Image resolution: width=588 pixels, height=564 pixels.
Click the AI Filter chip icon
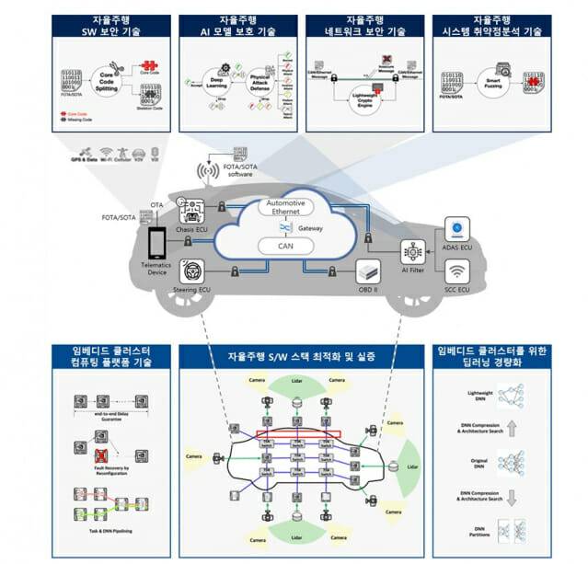pyautogui.click(x=411, y=249)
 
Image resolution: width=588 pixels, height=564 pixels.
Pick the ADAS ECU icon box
pyautogui.click(x=457, y=230)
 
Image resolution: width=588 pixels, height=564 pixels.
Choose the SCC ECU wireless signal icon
pyautogui.click(x=457, y=272)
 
